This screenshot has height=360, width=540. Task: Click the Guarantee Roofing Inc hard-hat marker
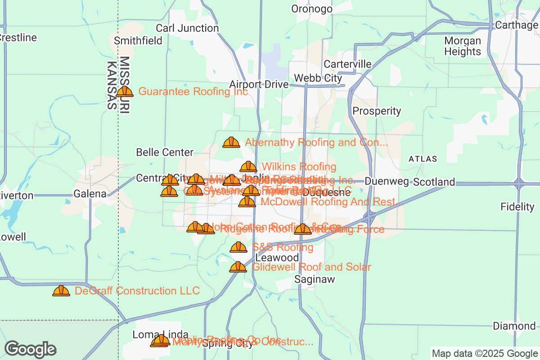click(125, 91)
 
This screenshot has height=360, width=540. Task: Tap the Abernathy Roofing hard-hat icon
click(231, 142)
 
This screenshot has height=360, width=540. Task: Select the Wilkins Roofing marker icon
click(248, 166)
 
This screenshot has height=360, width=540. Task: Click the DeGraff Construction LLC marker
click(61, 291)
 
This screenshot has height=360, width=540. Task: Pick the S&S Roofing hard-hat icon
click(238, 247)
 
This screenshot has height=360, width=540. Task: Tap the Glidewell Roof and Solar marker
click(238, 267)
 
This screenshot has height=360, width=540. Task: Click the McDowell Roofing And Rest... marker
click(247, 202)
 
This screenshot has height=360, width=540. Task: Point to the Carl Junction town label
click(187, 28)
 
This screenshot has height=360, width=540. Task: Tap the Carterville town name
click(347, 64)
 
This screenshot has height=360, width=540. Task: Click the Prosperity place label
click(377, 111)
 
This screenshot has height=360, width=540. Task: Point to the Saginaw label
click(315, 279)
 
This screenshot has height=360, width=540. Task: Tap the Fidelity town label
click(517, 207)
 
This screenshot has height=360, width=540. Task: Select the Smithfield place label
click(138, 40)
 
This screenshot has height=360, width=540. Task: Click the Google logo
click(30, 349)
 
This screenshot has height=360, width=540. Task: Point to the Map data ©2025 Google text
click(484, 353)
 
